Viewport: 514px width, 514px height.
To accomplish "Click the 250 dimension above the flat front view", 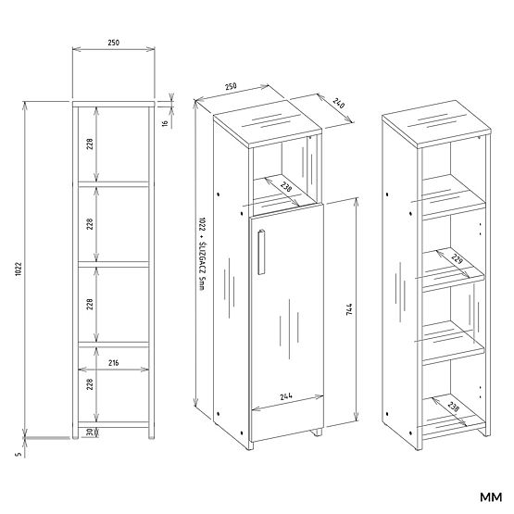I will (x=112, y=43).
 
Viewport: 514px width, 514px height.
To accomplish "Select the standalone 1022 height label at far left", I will (x=18, y=270).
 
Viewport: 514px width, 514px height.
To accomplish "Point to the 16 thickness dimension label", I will (x=165, y=121).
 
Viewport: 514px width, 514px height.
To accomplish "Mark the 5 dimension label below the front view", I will (x=18, y=453).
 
